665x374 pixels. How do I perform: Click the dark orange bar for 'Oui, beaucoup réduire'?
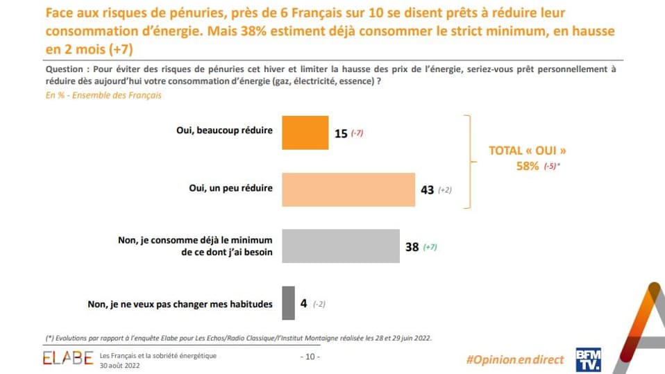(305, 133)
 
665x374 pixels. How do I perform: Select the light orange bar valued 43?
(348, 189)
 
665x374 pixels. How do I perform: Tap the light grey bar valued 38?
(340, 246)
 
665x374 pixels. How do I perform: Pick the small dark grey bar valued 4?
(288, 303)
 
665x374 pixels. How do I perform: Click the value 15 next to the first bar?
(340, 133)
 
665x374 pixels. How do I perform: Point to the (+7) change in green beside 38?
(431, 247)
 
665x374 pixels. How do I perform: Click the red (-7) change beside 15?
(357, 133)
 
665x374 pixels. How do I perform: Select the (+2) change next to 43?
(445, 190)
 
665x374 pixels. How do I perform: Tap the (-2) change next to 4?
(319, 304)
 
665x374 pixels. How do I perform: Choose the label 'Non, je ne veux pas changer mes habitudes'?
(180, 303)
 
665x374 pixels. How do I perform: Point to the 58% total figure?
(525, 166)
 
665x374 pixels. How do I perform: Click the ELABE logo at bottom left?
(67, 359)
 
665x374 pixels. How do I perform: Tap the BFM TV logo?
(587, 359)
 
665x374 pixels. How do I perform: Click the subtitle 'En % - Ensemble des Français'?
(103, 95)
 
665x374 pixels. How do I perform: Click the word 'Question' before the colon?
(66, 70)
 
